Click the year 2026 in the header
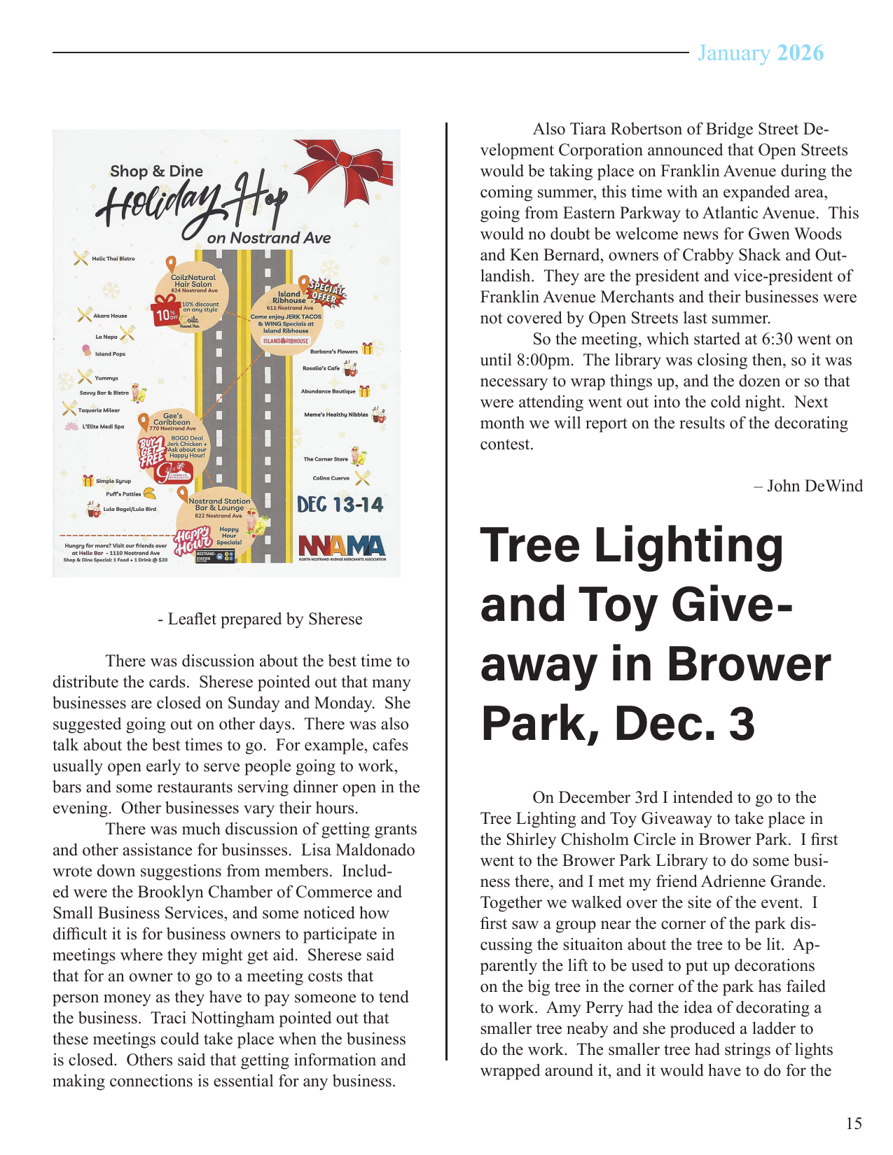(801, 53)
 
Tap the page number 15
(853, 1123)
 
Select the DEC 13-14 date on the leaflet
(340, 505)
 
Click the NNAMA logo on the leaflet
(342, 546)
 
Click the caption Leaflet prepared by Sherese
(260, 619)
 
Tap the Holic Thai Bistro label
(113, 258)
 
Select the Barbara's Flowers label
(333, 351)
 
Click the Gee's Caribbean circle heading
(172, 419)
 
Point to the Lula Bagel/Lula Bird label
(130, 509)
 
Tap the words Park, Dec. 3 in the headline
(618, 723)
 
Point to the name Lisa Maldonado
(358, 850)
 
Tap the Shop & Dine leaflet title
(156, 171)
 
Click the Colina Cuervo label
(331, 478)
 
